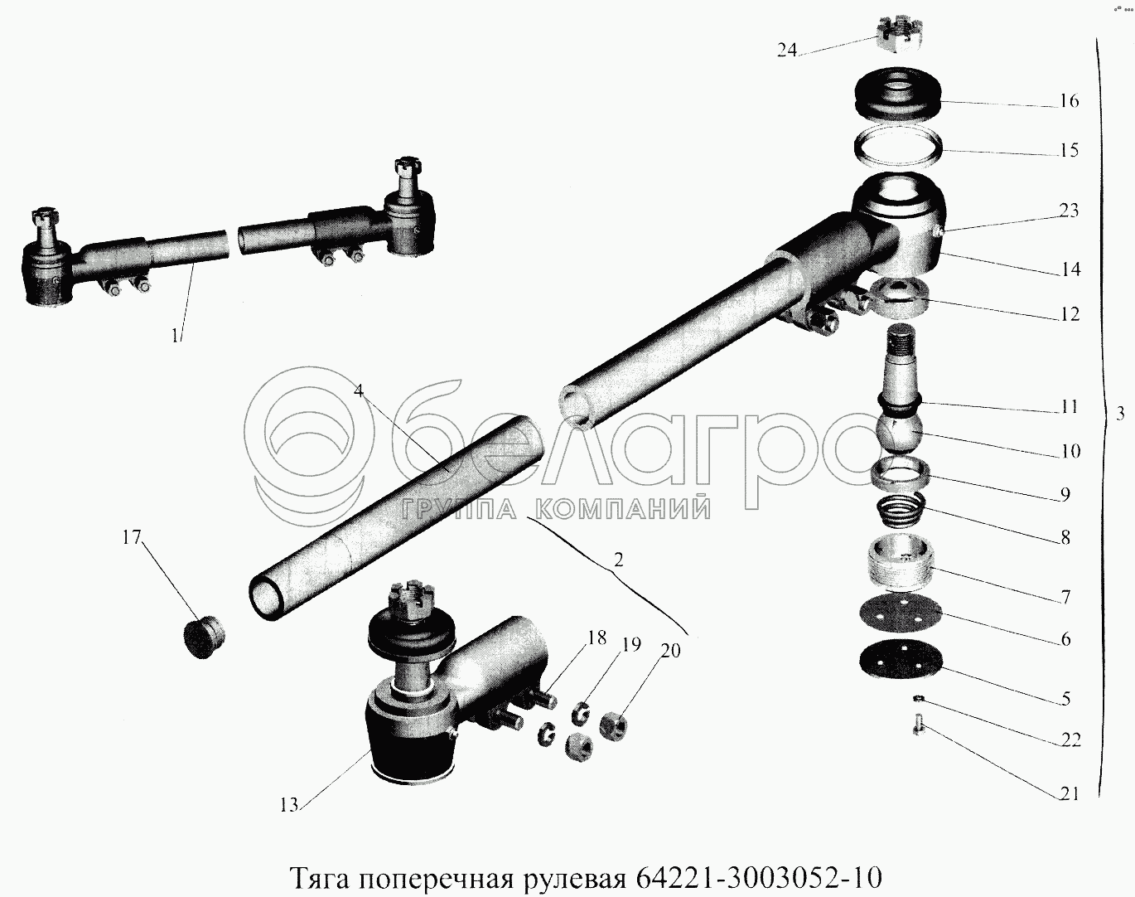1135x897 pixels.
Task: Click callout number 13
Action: coord(289,819)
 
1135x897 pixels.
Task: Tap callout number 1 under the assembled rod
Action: coord(176,336)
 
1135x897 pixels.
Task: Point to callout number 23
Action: coord(1068,211)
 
